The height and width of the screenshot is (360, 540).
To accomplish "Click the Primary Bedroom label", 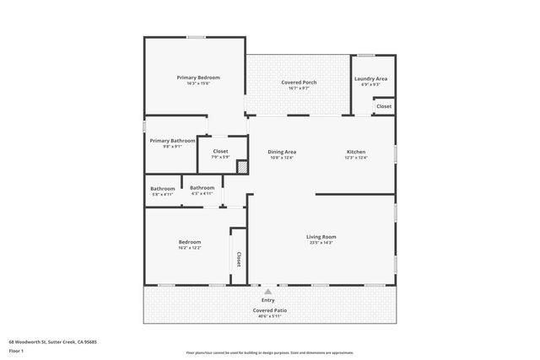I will pyautogui.click(x=193, y=78).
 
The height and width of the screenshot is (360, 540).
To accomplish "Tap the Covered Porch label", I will pyautogui.click(x=299, y=82).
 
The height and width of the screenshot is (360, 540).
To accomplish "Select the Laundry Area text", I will pyautogui.click(x=371, y=78).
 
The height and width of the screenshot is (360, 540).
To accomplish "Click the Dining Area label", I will pyautogui.click(x=283, y=152).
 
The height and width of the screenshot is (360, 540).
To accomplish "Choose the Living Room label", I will pyautogui.click(x=321, y=237).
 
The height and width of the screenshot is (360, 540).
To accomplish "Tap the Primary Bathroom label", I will pyautogui.click(x=179, y=141).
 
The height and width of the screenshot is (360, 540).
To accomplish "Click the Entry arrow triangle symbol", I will pyautogui.click(x=268, y=292).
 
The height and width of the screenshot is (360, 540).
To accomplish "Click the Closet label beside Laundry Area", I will pyautogui.click(x=384, y=106).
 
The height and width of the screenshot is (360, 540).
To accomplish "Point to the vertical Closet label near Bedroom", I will pyautogui.click(x=239, y=260).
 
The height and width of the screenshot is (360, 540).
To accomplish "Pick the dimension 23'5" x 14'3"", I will pyautogui.click(x=321, y=243).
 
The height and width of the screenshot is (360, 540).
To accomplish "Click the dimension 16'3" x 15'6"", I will pyautogui.click(x=193, y=83).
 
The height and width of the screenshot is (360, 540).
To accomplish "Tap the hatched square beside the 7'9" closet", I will pyautogui.click(x=241, y=167).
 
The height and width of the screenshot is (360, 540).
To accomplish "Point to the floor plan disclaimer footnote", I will pyautogui.click(x=270, y=352).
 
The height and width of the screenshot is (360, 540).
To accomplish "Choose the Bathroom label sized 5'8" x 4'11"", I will pyautogui.click(x=163, y=188).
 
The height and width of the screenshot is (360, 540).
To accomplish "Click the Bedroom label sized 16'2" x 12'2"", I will pyautogui.click(x=189, y=242).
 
